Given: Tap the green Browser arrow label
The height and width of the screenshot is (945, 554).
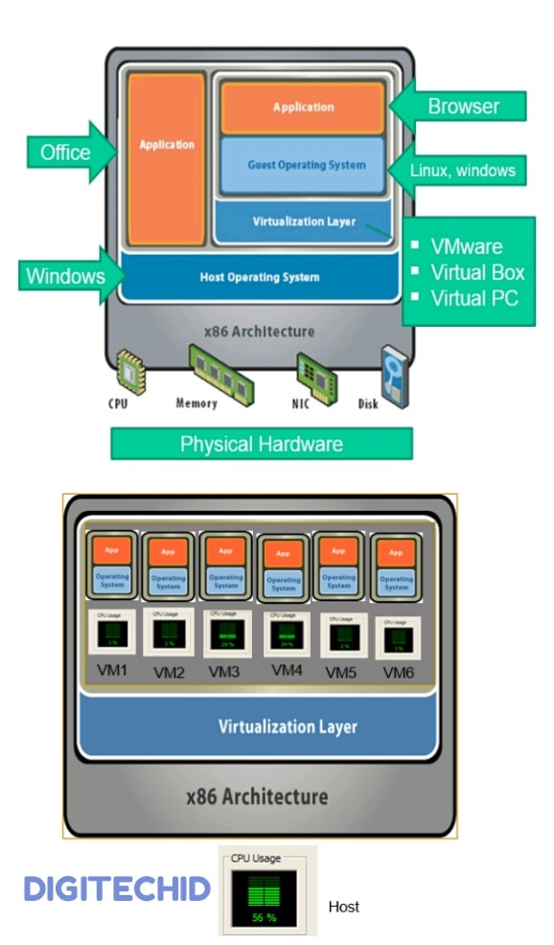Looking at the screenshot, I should pyautogui.click(x=463, y=105).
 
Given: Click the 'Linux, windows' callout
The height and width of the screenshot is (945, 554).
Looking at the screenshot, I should pyautogui.click(x=463, y=171).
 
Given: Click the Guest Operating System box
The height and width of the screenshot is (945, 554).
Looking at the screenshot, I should pyautogui.click(x=305, y=165).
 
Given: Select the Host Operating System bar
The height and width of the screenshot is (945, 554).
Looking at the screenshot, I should pyautogui.click(x=259, y=277).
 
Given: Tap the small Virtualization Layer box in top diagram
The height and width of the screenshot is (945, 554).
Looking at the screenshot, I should pyautogui.click(x=304, y=221).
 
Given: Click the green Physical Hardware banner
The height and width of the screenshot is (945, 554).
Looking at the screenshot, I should pyautogui.click(x=261, y=444).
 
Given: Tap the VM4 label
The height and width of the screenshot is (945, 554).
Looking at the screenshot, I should pyautogui.click(x=287, y=670).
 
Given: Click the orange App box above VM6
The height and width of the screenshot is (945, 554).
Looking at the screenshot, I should pyautogui.click(x=396, y=553).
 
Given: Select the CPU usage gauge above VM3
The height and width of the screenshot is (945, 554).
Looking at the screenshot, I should pyautogui.click(x=226, y=632).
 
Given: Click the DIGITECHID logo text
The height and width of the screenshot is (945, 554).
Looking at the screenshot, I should pyautogui.click(x=117, y=889).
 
